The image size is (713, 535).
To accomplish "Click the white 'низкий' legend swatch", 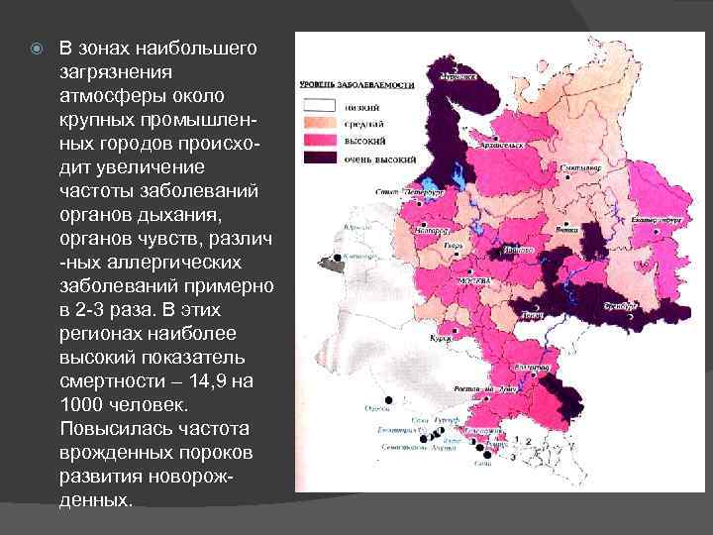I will point(319,103).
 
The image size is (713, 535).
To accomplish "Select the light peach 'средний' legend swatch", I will point(319,120).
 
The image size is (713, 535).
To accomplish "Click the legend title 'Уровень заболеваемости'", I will point(356,86).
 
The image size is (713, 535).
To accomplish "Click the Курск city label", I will point(439,338).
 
